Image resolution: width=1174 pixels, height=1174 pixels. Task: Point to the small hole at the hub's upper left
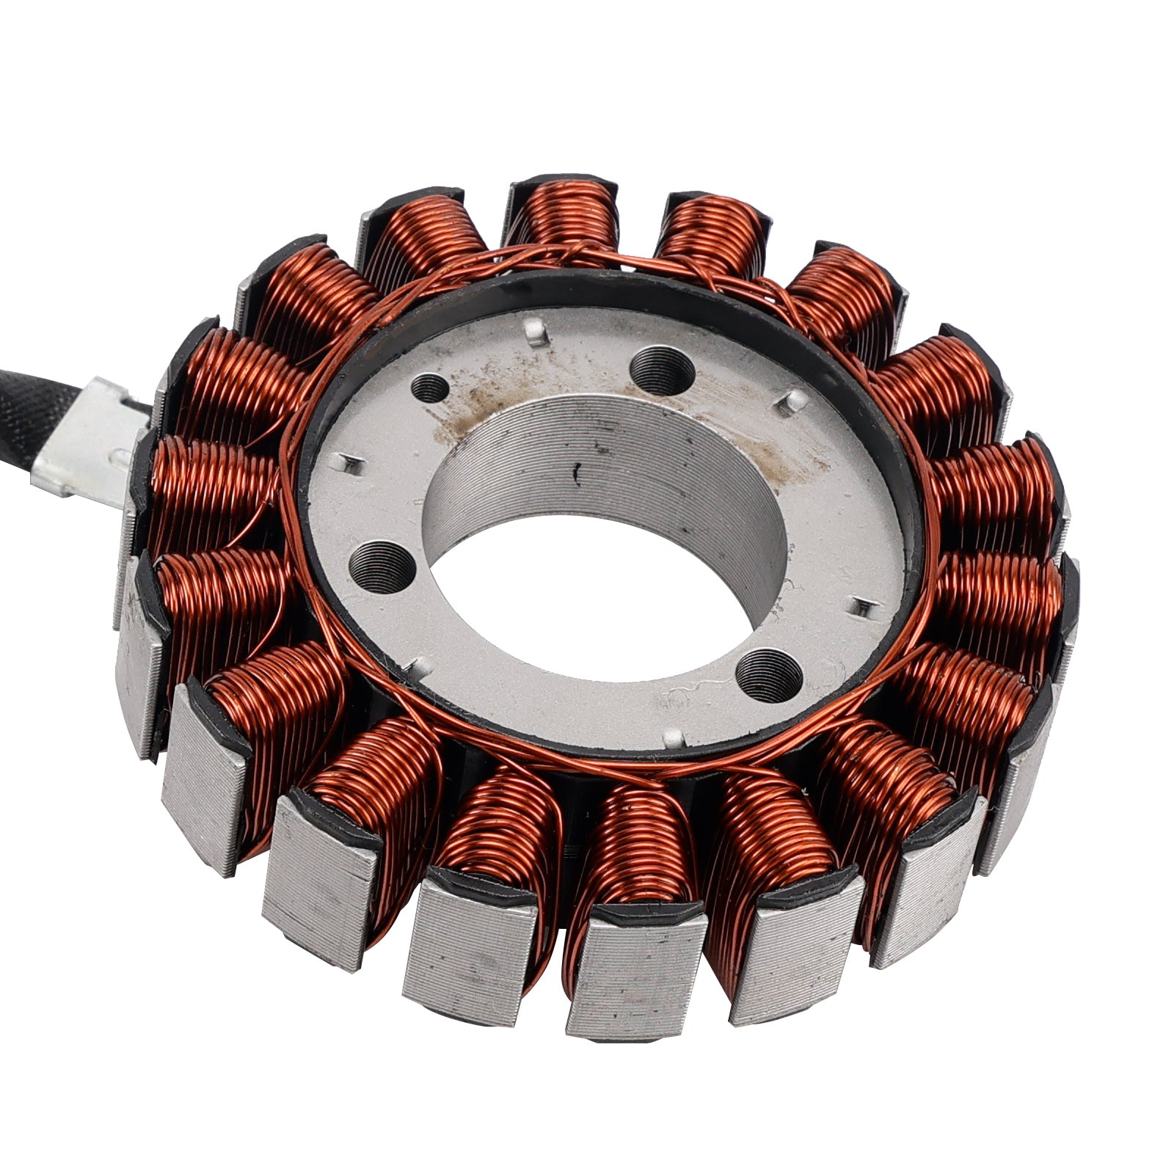coord(429,387)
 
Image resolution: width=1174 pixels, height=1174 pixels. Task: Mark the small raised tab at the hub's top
coord(538,330)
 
